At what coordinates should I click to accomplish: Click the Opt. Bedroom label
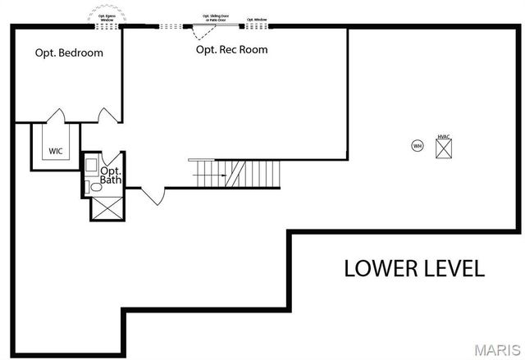point(69,53)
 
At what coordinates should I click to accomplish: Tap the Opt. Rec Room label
point(231,50)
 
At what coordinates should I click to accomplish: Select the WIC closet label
point(56,151)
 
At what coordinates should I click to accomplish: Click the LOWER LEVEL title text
point(413,268)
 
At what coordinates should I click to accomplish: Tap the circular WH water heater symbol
point(417,146)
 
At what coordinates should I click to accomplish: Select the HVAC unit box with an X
point(444,148)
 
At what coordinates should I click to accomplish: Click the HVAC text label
point(444,136)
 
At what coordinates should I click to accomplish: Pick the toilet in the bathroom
point(96,188)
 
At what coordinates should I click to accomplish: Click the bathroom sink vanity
point(92,165)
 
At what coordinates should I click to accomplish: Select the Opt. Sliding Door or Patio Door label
point(217,16)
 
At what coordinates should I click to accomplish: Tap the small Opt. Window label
point(257,18)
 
